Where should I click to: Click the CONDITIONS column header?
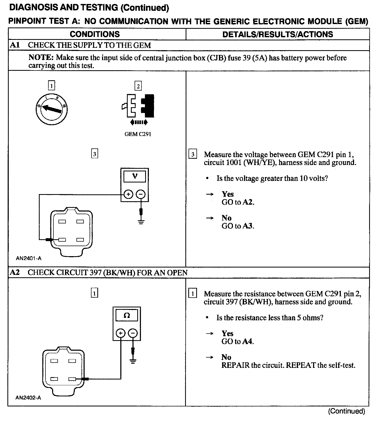[95, 34]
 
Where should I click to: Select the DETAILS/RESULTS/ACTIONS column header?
[278, 34]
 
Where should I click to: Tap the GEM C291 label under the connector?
[138, 134]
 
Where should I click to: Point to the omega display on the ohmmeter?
[127, 316]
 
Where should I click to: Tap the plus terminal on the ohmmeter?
[121, 333]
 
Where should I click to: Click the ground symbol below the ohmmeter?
[133, 361]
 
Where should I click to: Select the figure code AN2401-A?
[29, 258]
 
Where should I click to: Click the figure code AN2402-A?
[28, 398]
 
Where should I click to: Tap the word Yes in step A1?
[228, 194]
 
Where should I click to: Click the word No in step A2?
[226, 357]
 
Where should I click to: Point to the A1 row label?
[15, 45]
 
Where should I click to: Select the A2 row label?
[15, 272]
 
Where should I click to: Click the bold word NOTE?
[41, 58]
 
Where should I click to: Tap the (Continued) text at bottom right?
[346, 411]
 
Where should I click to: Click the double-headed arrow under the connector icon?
[139, 122]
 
